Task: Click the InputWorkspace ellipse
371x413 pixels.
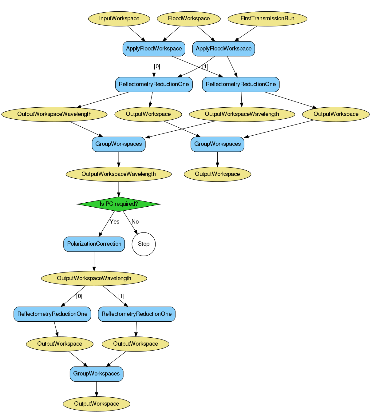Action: tap(119, 18)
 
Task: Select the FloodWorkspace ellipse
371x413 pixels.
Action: tap(189, 18)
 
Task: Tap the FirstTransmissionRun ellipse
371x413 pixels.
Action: tap(267, 18)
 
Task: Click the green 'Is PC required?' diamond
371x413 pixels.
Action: tap(119, 204)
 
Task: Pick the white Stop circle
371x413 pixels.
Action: tap(144, 244)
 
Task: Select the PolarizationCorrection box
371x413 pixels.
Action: tap(94, 244)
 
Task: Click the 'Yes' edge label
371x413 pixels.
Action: tap(114, 222)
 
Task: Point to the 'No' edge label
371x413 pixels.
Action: tap(135, 222)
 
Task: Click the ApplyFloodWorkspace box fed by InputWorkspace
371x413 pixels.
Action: tap(154, 49)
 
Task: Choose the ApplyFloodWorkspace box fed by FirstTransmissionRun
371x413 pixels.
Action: tap(223, 49)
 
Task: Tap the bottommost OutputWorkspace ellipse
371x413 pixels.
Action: tap(97, 404)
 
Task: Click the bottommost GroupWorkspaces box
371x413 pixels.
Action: tap(97, 374)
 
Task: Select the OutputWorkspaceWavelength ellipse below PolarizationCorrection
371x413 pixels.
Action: tap(94, 278)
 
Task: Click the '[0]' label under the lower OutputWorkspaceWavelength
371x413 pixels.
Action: tap(79, 296)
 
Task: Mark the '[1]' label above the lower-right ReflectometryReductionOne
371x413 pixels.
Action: tap(121, 296)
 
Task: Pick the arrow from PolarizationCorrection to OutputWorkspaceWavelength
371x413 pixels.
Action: tap(94, 261)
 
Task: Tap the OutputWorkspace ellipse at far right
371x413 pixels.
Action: tap(336, 114)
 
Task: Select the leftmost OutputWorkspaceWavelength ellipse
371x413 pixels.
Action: tap(54, 114)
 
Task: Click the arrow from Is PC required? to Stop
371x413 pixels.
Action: tap(130, 223)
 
